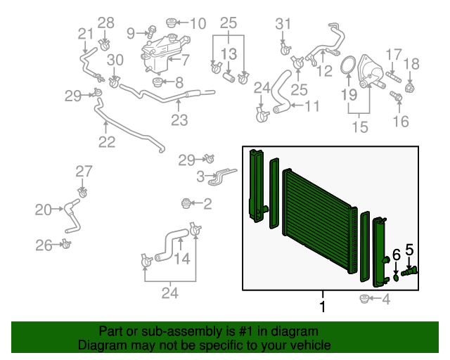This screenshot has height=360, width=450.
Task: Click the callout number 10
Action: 198,23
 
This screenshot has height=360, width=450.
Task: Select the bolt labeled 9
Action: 152,32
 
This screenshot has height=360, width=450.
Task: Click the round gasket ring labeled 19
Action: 348,65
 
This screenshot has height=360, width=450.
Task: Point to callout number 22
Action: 107,142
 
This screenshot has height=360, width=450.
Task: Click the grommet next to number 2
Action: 186,203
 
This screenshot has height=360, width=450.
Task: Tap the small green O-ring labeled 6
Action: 396,278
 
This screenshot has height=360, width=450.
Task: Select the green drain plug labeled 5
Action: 409,271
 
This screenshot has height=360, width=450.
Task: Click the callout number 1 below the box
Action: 323,307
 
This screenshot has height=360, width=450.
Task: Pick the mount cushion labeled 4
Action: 364,299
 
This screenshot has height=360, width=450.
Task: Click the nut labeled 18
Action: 409,87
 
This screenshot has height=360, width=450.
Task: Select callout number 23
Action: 179,120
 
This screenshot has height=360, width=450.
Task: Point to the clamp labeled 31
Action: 285,50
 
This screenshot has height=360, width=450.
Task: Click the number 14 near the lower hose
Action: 183,259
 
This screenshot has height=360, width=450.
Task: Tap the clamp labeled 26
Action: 66,244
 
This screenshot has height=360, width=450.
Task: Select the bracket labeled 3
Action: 222,176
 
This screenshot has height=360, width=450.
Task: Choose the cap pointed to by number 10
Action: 172,23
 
